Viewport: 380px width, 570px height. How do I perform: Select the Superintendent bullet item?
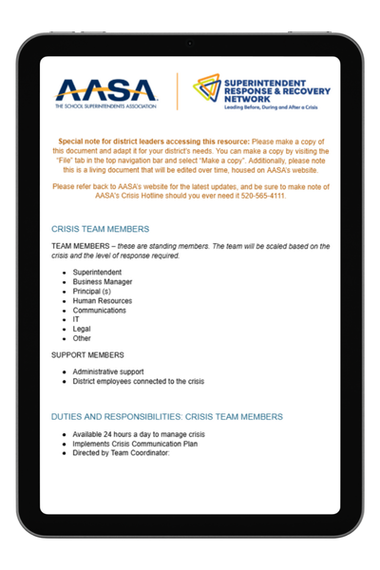[x=103, y=272]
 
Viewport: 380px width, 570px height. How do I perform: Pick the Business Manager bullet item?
[x=109, y=281]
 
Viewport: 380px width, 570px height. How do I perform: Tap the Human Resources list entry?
[x=108, y=300]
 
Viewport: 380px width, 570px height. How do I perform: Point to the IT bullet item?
[x=76, y=319]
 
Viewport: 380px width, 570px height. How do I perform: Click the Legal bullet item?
[x=83, y=329]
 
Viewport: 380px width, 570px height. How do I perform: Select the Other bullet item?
[x=83, y=338]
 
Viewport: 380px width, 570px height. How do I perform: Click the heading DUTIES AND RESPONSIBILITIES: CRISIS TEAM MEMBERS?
[x=166, y=416]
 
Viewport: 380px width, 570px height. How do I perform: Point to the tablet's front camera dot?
[x=189, y=43]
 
